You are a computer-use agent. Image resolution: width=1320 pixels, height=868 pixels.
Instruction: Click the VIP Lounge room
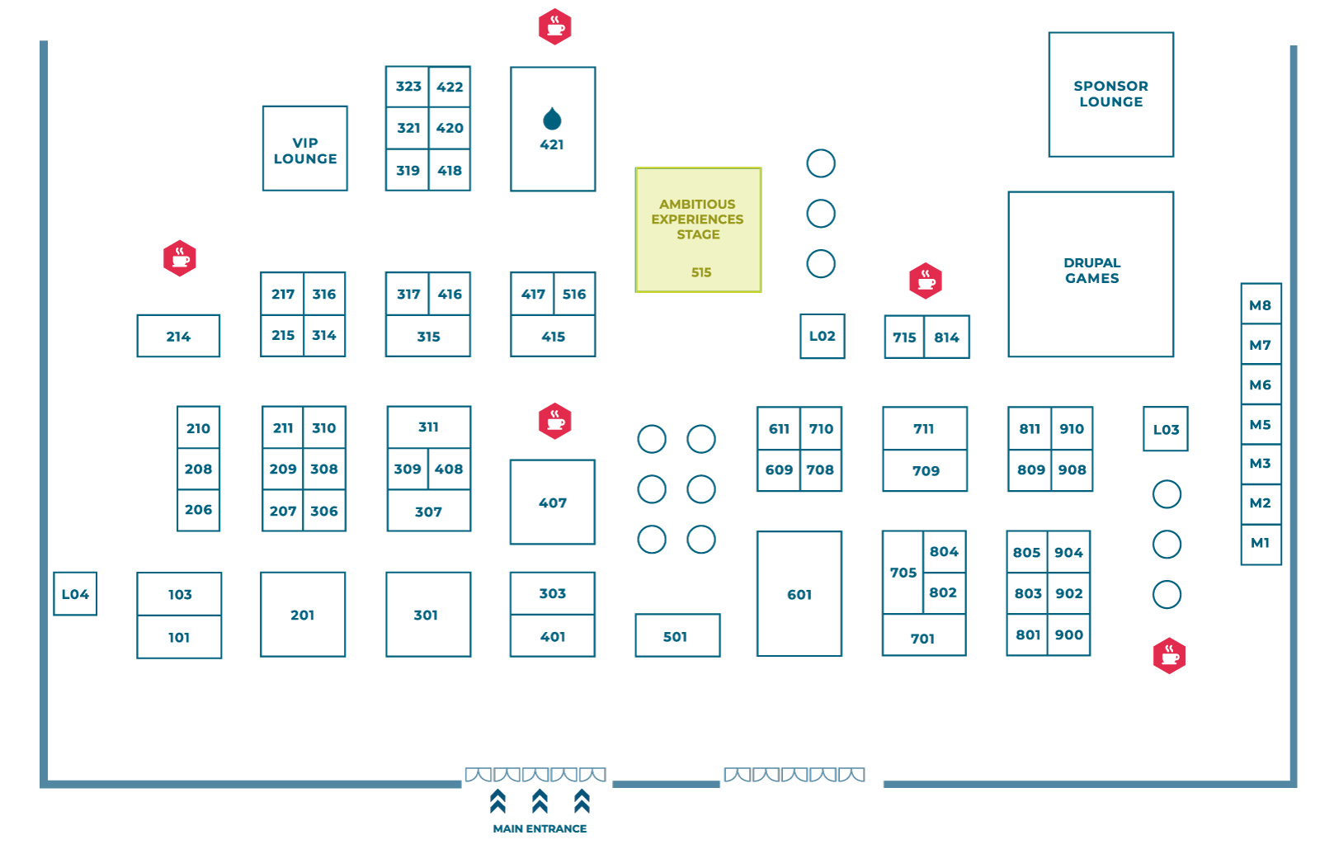304,149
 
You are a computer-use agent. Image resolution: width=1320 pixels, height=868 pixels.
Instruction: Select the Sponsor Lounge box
1110,94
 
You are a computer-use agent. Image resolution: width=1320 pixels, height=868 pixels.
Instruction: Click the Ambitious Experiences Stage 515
698,230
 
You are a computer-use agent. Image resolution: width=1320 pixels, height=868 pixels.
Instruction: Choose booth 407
552,502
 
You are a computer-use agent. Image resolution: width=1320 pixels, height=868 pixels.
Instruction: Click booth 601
799,593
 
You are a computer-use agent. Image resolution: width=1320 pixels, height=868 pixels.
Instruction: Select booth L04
75,593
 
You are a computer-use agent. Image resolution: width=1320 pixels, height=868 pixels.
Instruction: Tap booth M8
1260,304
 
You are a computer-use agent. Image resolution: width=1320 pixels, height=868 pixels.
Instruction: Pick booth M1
1260,543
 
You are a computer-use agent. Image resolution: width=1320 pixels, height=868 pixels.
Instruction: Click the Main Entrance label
540,828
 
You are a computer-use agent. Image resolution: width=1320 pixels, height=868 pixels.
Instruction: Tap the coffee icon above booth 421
554,27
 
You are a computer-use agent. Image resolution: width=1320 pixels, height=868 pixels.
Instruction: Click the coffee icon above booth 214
180,258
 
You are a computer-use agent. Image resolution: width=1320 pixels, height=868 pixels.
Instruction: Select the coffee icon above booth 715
925,281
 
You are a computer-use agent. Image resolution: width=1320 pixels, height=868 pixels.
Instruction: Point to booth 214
178,336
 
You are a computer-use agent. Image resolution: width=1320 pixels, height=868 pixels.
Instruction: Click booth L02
822,336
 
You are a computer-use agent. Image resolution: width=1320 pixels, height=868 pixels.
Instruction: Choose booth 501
676,635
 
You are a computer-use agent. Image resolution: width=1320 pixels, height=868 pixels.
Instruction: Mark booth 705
903,572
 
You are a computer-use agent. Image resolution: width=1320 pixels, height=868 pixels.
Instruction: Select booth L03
1165,429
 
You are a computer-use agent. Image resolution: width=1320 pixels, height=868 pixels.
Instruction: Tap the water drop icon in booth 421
552,120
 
